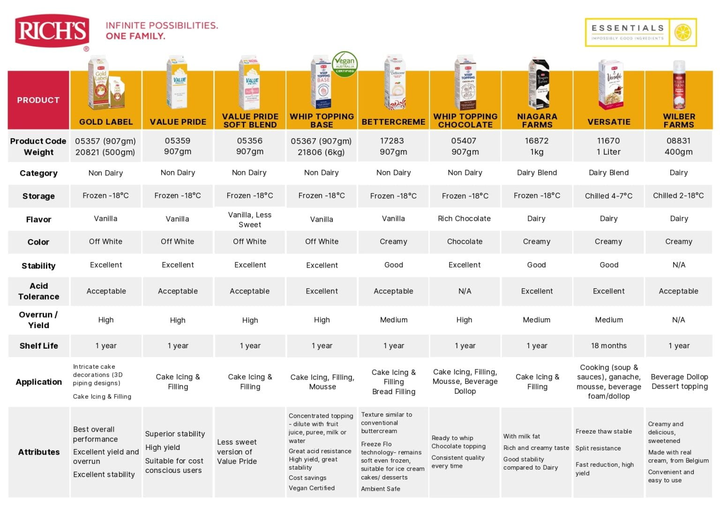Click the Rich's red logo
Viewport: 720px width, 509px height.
coord(52,31)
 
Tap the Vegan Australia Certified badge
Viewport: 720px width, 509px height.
coord(345,64)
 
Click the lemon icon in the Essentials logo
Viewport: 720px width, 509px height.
coord(682,32)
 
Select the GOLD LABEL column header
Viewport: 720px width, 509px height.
coord(106,122)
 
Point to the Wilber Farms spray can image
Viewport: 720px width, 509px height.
coord(679,85)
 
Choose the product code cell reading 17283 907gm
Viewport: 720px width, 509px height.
coord(393,146)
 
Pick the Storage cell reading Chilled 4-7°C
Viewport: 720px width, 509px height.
coord(608,196)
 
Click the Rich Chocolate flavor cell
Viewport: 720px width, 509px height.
coord(464,218)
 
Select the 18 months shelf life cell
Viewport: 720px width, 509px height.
coord(609,346)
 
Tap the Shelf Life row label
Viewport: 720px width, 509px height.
coord(38,346)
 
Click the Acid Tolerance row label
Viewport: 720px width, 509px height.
coord(38,291)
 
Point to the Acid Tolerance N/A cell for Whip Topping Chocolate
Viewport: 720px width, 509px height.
coord(465,291)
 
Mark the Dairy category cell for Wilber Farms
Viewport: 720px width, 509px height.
coord(679,172)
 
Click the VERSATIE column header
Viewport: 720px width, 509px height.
coord(609,122)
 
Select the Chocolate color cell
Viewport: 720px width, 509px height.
coord(465,242)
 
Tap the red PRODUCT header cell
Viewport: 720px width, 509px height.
coord(38,100)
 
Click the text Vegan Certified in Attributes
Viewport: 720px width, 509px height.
coord(311,488)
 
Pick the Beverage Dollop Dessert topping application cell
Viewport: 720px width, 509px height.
coord(680,382)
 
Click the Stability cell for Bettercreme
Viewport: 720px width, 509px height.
coord(393,265)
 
